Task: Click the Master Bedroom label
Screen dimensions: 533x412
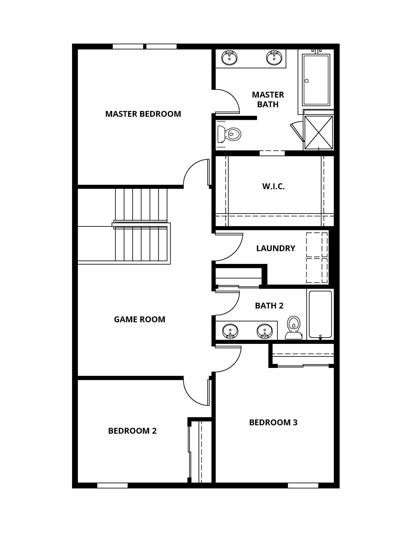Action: tap(143, 114)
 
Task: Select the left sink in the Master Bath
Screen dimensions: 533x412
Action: tap(229, 58)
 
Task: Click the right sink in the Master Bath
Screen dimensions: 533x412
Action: tap(274, 58)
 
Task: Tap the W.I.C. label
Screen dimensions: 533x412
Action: tap(273, 186)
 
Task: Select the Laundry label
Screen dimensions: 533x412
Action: tap(276, 248)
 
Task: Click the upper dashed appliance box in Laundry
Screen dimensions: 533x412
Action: tap(317, 244)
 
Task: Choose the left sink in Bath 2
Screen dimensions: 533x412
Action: tap(230, 331)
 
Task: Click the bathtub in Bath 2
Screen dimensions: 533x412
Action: tap(320, 314)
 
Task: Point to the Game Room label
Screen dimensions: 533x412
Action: tap(139, 319)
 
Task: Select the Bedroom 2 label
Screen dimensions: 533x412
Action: tap(132, 431)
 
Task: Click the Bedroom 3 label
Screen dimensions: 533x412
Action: tap(273, 422)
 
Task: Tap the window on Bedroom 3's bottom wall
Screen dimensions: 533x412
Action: tap(303, 485)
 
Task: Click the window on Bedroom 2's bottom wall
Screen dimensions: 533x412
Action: tap(112, 485)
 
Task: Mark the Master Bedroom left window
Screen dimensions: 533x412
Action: tap(128, 47)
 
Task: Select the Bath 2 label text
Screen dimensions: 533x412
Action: tap(269, 305)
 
